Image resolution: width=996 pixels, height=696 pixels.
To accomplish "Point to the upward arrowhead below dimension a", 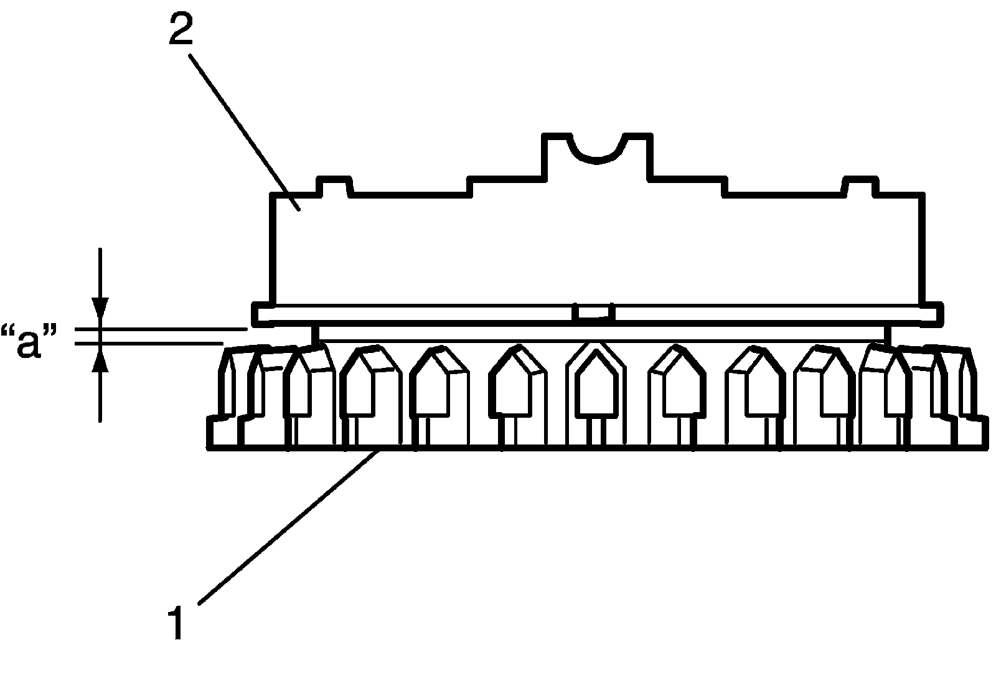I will [x=100, y=360].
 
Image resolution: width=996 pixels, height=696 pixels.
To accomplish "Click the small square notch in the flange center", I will [x=594, y=313].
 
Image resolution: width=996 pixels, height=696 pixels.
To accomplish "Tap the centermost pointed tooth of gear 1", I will [x=596, y=386].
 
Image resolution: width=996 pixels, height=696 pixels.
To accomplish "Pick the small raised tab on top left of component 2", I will [x=336, y=187].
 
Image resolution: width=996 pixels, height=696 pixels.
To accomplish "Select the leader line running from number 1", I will [x=286, y=527].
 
